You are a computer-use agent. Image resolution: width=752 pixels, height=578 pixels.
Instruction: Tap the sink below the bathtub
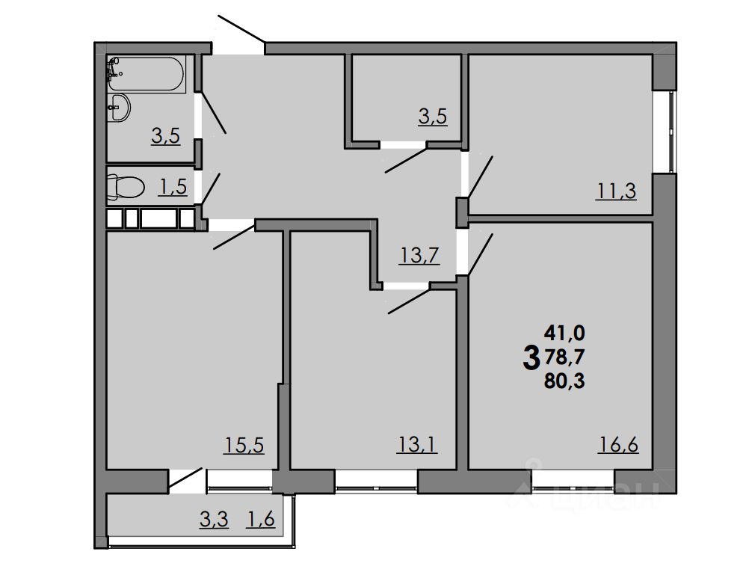click(119, 108)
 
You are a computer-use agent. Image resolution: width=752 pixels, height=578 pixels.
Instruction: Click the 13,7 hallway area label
click(419, 256)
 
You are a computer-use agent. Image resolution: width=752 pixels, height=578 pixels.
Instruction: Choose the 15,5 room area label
click(245, 446)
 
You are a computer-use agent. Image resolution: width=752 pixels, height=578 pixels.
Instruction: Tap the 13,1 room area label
click(417, 446)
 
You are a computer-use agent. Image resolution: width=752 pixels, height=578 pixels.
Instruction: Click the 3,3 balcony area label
click(213, 518)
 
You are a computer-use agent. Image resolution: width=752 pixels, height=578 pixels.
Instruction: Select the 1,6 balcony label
click(261, 518)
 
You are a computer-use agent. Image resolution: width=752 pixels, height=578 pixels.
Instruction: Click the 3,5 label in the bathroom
click(166, 136)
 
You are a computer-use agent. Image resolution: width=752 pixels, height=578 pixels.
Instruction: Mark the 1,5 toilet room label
click(172, 187)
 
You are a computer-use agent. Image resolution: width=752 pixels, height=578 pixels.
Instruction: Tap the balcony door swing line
click(186, 479)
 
